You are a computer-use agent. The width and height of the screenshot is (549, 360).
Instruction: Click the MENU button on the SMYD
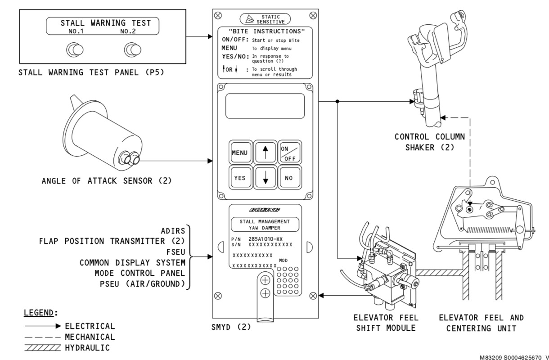click(239, 153)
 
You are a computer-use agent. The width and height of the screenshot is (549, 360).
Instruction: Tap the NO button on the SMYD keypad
click(288, 178)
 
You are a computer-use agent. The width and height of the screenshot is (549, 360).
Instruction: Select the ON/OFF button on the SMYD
click(288, 153)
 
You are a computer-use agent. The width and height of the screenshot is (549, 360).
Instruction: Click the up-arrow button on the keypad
click(264, 153)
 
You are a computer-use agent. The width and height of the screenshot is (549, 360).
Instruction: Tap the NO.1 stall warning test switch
click(72, 49)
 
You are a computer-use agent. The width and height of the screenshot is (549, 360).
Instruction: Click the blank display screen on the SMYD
click(265, 106)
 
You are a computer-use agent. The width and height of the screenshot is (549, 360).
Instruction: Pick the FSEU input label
click(173, 252)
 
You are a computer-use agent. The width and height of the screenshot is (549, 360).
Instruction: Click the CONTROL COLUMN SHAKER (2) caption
click(429, 142)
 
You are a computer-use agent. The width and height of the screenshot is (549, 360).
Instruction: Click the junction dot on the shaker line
click(337, 102)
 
